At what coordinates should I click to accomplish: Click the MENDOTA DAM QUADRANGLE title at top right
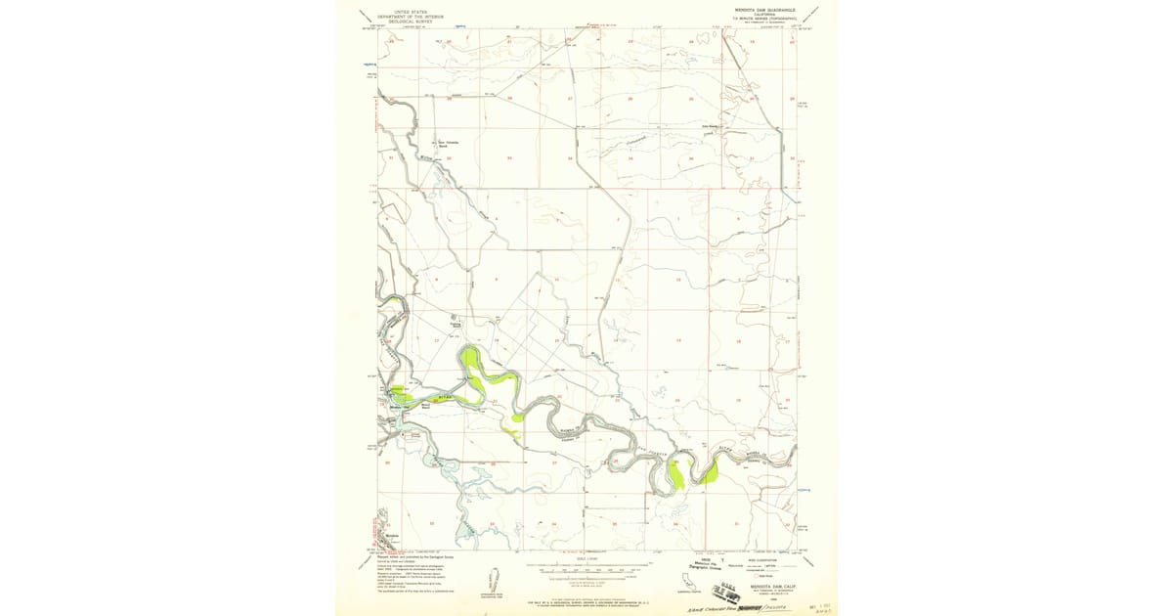point(765,9)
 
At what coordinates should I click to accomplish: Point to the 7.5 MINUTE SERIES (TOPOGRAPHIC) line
point(766,19)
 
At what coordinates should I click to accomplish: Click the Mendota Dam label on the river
point(400,405)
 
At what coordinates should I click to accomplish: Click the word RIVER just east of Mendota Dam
point(446,398)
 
